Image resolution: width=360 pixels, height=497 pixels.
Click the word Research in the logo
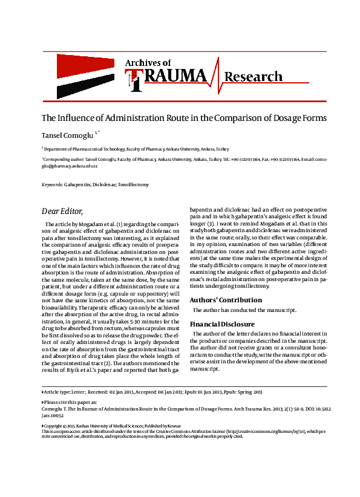[x=253, y=77]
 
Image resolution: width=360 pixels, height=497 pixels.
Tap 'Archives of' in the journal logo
[x=148, y=62]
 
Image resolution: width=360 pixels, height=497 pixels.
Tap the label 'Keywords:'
[x=51, y=184]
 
